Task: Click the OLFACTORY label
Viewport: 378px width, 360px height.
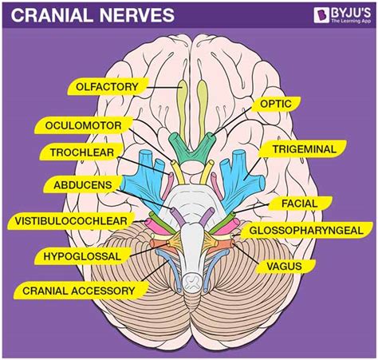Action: pyautogui.click(x=107, y=85)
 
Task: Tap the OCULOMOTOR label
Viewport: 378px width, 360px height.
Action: pyautogui.click(x=78, y=126)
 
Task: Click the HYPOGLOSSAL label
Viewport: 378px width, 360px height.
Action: pyautogui.click(x=77, y=255)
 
